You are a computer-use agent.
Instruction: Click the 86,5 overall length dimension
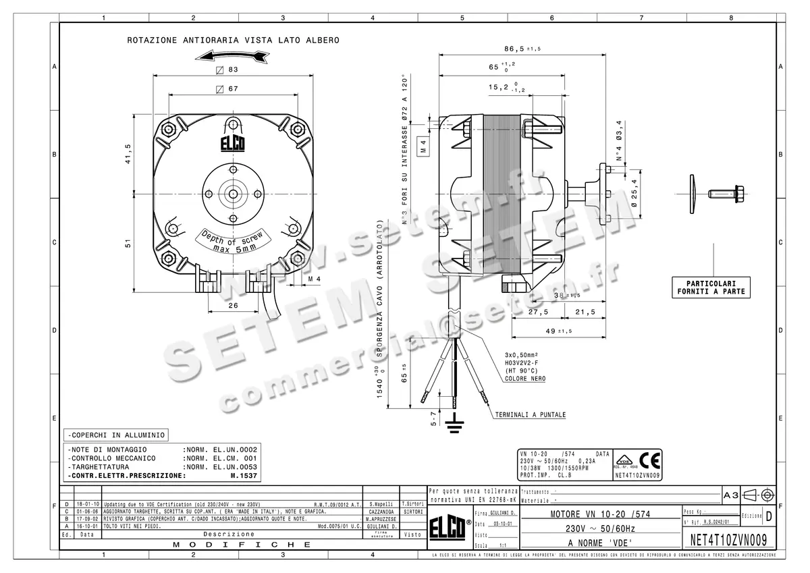[x=516, y=49]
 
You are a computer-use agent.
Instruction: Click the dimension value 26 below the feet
[x=233, y=305]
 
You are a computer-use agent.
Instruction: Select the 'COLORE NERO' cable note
[x=525, y=379]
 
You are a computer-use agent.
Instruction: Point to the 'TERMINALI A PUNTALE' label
[x=530, y=414]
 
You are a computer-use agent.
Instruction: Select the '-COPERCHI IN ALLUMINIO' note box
[x=115, y=435]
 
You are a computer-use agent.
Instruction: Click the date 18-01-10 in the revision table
[x=87, y=504]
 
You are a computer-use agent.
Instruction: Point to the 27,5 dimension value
[x=537, y=312]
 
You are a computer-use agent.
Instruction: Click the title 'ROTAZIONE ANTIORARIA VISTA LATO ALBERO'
[x=234, y=40]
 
